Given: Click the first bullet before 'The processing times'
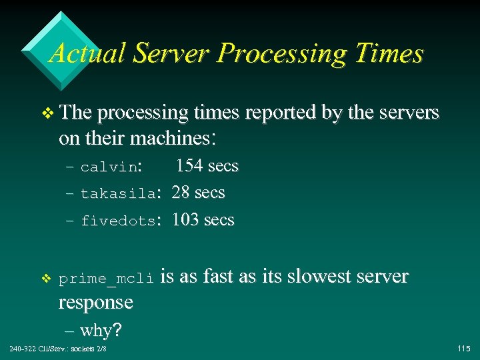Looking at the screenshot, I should [45, 114].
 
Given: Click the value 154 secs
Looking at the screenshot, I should [207, 166].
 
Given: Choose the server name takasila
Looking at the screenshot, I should [119, 194].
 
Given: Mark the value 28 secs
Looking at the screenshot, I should [198, 193].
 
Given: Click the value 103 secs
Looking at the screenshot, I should [203, 220].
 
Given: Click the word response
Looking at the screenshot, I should [96, 303].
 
